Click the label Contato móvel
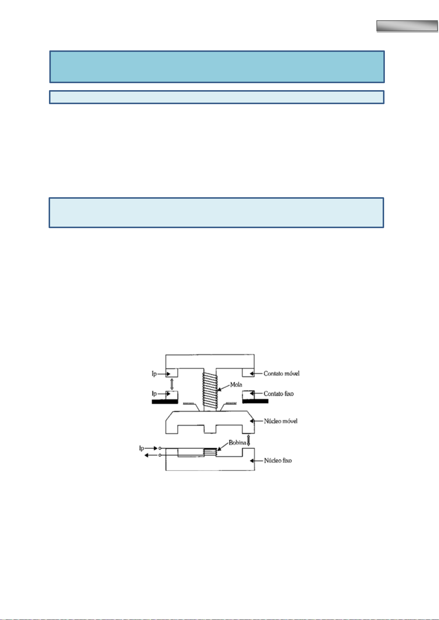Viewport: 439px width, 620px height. tap(281, 373)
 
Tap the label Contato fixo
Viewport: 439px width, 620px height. tap(278, 394)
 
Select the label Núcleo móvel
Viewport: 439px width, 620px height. tap(281, 421)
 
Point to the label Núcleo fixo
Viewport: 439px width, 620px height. tap(278, 460)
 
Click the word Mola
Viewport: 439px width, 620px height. tap(236, 385)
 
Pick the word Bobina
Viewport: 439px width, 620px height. tap(237, 443)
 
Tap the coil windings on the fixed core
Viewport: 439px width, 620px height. tap(210, 453)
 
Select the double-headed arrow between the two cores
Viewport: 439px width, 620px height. tap(248, 440)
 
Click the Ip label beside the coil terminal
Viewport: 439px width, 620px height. tap(141, 449)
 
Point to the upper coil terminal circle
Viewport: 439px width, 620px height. tap(160, 449)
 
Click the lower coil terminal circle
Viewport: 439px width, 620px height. tap(160, 456)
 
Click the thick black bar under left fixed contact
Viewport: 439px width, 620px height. tap(165, 402)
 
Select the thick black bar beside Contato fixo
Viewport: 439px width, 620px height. tap(255, 401)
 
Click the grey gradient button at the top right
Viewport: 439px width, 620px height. tap(407, 26)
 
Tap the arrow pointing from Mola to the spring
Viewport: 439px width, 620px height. tap(223, 387)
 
